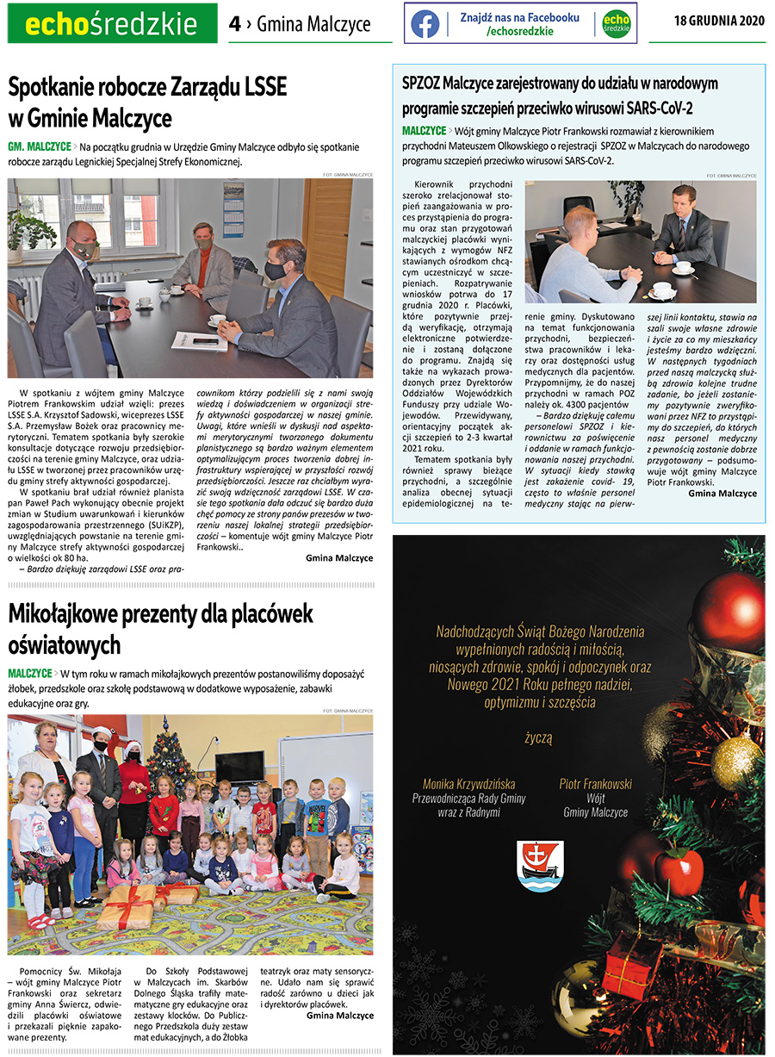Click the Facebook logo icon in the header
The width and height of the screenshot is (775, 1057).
coord(425,23)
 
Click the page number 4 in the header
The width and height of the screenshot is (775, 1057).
coord(234,25)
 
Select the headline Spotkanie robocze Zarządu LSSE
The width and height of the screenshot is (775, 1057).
coord(147,88)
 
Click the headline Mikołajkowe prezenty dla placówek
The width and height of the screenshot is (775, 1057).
coord(160,614)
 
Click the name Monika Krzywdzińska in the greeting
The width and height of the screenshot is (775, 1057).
coord(468,784)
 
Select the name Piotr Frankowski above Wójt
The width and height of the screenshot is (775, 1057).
coord(595,784)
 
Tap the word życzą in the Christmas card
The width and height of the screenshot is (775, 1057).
coord(539,738)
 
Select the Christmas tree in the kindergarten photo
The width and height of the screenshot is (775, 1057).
coord(170,759)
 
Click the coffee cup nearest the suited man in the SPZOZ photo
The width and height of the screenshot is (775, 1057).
coord(682,268)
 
